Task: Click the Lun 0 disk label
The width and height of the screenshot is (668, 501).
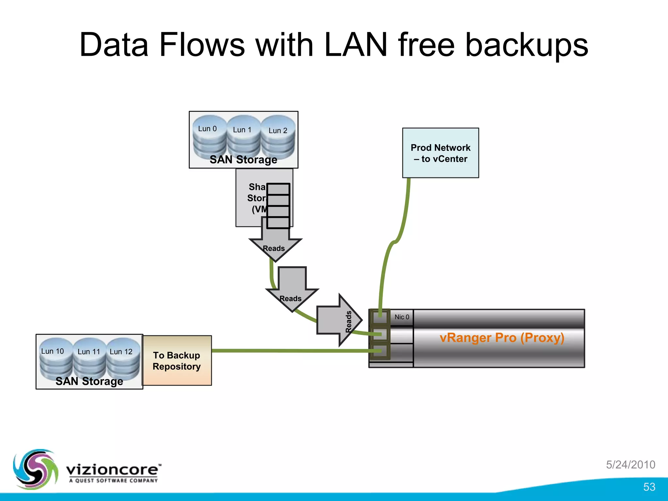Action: coord(207,129)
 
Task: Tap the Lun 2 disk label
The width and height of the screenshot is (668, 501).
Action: coord(278,130)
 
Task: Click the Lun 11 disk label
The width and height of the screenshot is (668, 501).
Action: coord(89,352)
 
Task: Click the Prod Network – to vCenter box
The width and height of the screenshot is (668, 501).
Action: coord(440,153)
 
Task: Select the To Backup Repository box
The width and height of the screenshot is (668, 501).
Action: coord(177,361)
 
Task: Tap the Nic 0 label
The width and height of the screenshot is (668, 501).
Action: coord(402,317)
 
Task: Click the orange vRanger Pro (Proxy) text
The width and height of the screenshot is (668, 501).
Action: coord(502,338)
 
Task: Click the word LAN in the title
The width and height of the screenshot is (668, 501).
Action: coord(356,45)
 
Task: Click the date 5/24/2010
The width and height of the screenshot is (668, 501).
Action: coord(630,464)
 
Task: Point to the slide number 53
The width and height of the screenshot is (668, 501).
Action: coord(649,487)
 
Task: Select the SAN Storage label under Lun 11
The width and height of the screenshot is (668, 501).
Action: coord(89,381)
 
